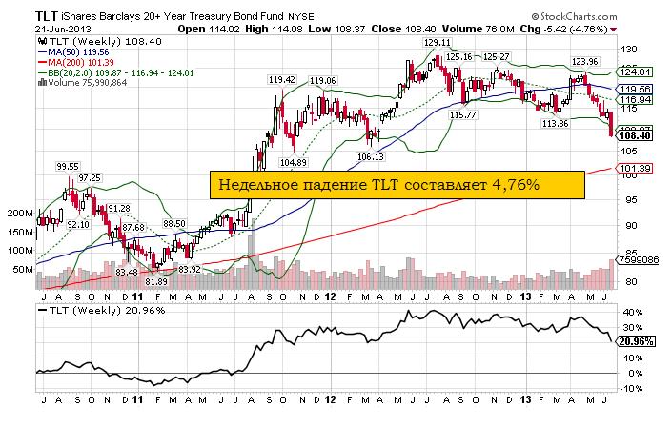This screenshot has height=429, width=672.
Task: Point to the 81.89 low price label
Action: (x=156, y=281)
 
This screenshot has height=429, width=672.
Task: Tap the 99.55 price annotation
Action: (x=67, y=166)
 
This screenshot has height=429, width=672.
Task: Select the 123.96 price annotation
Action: (x=584, y=61)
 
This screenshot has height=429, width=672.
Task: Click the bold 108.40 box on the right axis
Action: (x=635, y=135)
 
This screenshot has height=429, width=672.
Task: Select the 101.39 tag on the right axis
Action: (x=634, y=169)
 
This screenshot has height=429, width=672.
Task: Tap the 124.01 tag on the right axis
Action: (x=634, y=71)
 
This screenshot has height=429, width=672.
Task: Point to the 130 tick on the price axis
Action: (x=628, y=48)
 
